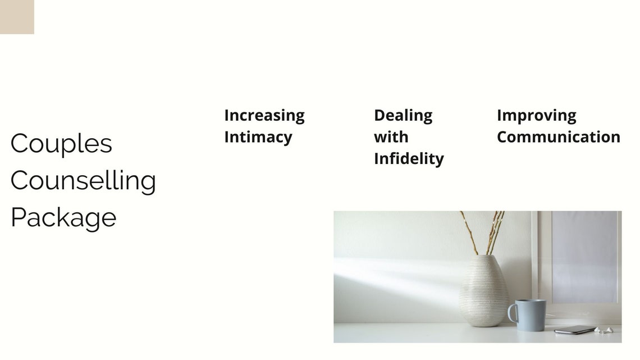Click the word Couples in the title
(61, 144)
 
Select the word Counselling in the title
(83, 180)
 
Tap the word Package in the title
(63, 218)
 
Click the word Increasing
(264, 116)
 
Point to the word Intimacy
(258, 137)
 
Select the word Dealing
(403, 116)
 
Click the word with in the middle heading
(391, 136)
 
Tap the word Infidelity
(409, 159)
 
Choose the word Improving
(537, 116)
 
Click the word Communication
(559, 136)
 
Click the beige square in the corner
(17, 17)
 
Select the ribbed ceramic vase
(484, 290)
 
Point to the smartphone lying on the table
(575, 330)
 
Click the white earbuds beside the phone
(604, 330)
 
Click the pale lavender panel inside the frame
(584, 257)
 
